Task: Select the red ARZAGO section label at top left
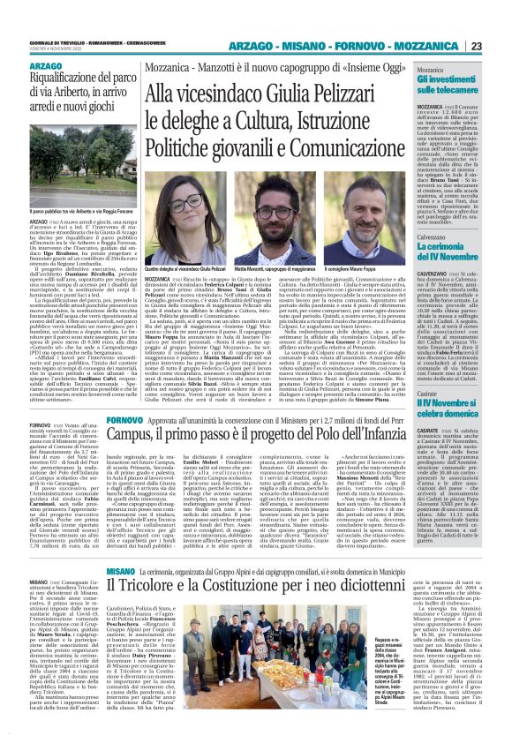(x=46, y=66)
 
